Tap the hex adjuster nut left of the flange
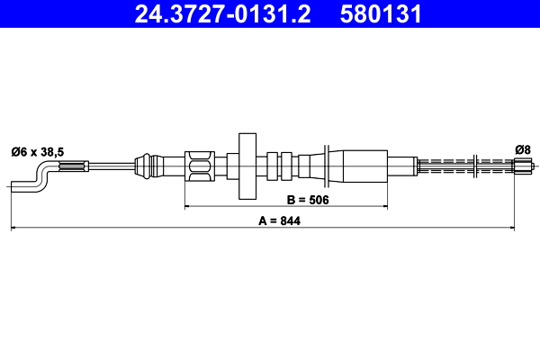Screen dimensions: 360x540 click(200, 166)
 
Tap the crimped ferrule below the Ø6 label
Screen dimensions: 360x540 click(74, 166)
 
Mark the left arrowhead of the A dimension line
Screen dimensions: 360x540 click(13, 229)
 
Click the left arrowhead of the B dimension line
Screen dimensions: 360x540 click(188, 207)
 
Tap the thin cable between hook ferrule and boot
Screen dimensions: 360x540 click(110, 166)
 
